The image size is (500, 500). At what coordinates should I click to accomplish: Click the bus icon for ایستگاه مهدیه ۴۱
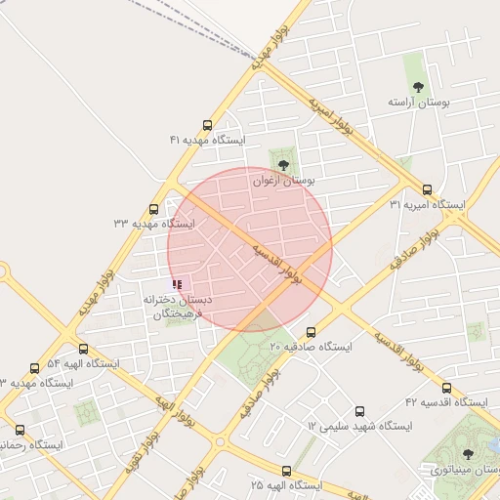coord(207,125)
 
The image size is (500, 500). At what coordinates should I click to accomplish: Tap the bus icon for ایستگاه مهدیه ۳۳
coord(153,209)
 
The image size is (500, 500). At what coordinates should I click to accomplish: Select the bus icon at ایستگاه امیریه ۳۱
coord(427,189)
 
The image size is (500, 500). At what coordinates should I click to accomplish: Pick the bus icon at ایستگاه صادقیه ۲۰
coord(312,332)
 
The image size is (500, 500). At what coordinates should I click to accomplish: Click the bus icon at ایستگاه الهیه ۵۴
coord(83,349)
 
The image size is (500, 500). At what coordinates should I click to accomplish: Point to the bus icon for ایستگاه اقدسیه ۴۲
coord(446,388)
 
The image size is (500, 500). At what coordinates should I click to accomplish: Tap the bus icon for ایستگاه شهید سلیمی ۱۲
coord(359,412)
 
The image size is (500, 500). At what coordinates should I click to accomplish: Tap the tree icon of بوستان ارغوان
coord(283,165)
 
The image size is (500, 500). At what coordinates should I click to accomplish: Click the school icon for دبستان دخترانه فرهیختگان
coord(177,284)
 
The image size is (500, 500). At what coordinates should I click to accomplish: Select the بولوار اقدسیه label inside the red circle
coord(277,263)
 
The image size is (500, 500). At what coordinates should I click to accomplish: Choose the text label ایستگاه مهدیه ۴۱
coord(208,141)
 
